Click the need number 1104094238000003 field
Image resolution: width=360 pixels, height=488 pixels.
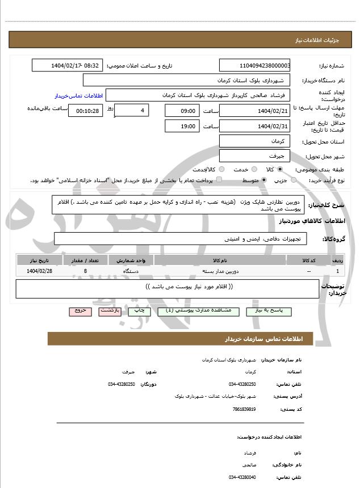pyautogui.click(x=254, y=66)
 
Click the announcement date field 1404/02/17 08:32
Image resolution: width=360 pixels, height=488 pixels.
pyautogui.click(x=68, y=66)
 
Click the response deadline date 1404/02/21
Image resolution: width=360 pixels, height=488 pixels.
pyautogui.click(x=254, y=111)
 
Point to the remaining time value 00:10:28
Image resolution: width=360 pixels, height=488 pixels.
pyautogui.click(x=85, y=111)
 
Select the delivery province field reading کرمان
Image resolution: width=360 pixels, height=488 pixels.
pyautogui.click(x=254, y=141)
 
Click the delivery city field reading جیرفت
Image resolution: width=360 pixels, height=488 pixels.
pyautogui.click(x=254, y=155)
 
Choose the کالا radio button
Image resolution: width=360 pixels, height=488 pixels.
pyautogui.click(x=280, y=169)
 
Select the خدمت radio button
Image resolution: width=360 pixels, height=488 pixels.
pyautogui.click(x=253, y=169)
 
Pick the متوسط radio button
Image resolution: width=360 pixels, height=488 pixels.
pyautogui.click(x=264, y=180)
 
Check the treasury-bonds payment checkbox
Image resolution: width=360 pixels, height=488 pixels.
pyautogui.click(x=219, y=180)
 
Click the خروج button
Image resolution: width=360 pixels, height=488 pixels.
pyautogui.click(x=80, y=311)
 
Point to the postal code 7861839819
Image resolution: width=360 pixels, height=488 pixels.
pyautogui.click(x=244, y=409)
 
